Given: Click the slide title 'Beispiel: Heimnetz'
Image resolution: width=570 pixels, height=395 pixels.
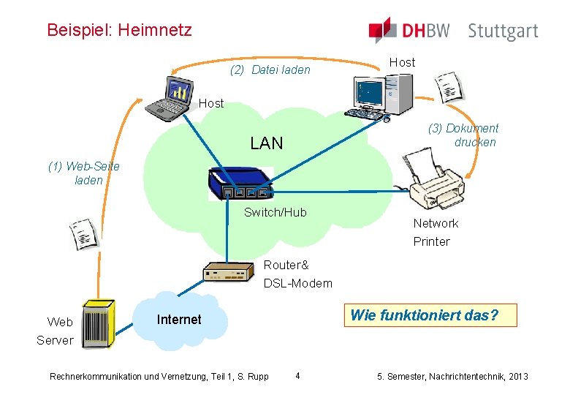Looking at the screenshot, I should click(119, 30).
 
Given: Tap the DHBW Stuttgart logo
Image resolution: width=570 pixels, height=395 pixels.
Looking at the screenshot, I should click(453, 31).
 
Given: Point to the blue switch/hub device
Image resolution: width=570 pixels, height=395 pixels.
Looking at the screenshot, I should click(240, 184).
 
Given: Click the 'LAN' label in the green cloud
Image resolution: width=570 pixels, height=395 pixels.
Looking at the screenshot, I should click(266, 143).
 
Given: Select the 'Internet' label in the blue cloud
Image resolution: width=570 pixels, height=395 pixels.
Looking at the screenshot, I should click(179, 320).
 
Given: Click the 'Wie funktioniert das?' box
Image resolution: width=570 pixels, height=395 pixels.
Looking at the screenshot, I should click(424, 315).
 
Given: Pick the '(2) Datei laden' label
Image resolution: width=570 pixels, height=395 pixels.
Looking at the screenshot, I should click(270, 70).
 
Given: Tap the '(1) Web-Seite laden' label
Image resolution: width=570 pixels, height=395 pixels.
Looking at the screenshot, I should click(85, 173).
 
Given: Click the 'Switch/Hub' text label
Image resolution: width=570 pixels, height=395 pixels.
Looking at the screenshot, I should click(275, 212).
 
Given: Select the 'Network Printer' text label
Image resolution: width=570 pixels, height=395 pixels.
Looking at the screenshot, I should click(436, 233).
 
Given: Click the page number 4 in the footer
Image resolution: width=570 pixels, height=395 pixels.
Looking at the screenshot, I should click(297, 376).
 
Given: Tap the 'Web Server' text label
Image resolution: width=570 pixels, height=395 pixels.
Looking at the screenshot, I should click(56, 331).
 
